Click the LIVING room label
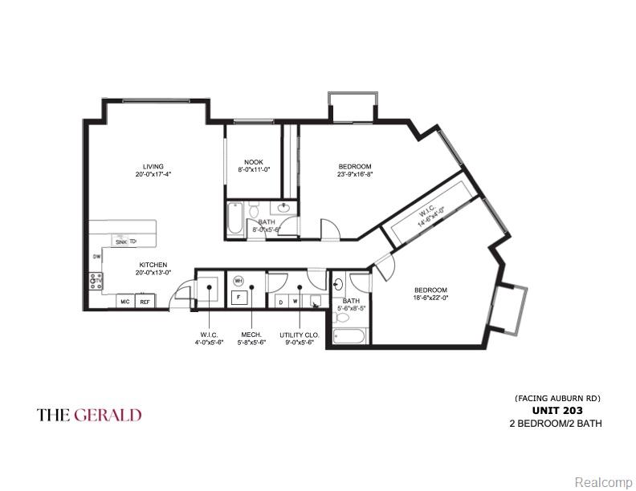coord(153,167)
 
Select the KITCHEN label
coord(153,264)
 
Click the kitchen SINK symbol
coord(120,241)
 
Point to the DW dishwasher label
coord(96,257)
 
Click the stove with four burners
coord(96,281)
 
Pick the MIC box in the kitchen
coord(124,302)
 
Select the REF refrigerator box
coord(145,302)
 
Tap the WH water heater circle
coord(238,281)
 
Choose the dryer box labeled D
coord(280,302)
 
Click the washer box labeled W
coord(296,302)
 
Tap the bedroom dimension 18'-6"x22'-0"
coord(430,298)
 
